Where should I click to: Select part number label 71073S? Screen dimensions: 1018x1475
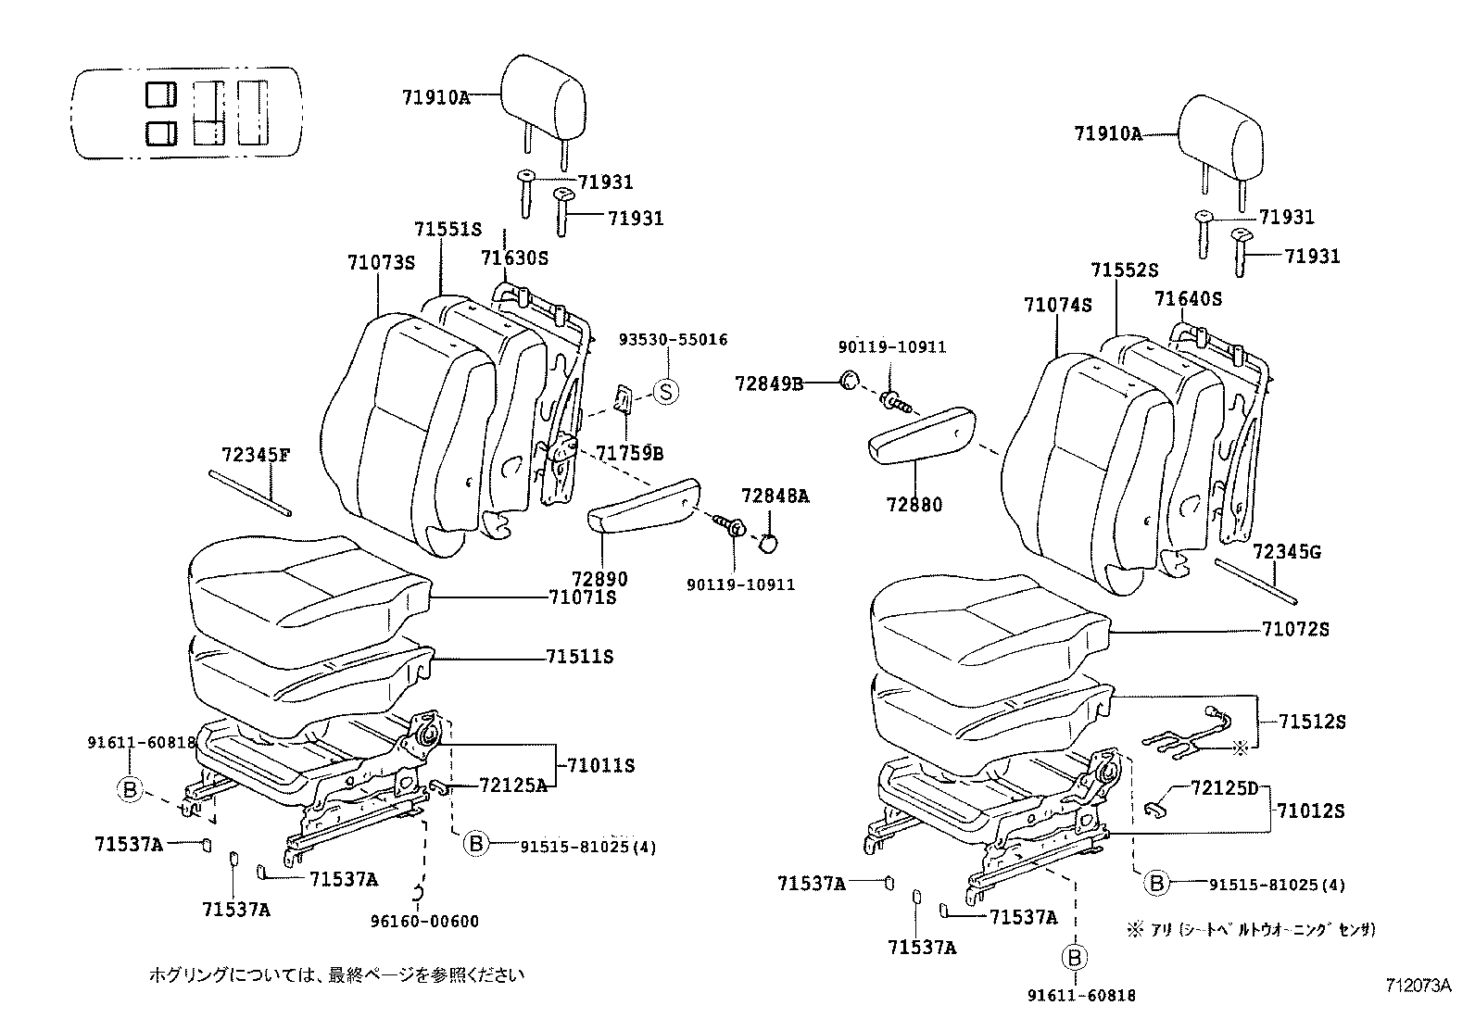[381, 262]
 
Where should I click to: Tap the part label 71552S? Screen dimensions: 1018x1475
[1124, 270]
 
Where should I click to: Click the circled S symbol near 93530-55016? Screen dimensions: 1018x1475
[665, 392]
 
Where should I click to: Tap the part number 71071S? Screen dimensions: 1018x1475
[581, 597]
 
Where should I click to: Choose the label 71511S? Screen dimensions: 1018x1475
[579, 657]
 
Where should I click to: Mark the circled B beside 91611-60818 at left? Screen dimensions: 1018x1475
[129, 789]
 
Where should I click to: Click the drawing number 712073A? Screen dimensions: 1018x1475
[1418, 985]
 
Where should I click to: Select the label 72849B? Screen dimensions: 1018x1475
[769, 383]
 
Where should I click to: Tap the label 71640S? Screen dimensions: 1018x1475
[1188, 299]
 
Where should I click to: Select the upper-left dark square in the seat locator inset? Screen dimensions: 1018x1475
[160, 94]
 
